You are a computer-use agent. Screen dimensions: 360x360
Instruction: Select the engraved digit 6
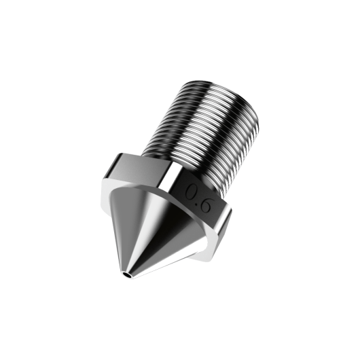pyautogui.click(x=210, y=204)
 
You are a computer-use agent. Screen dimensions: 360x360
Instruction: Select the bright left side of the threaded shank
pyautogui.click(x=170, y=115)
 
